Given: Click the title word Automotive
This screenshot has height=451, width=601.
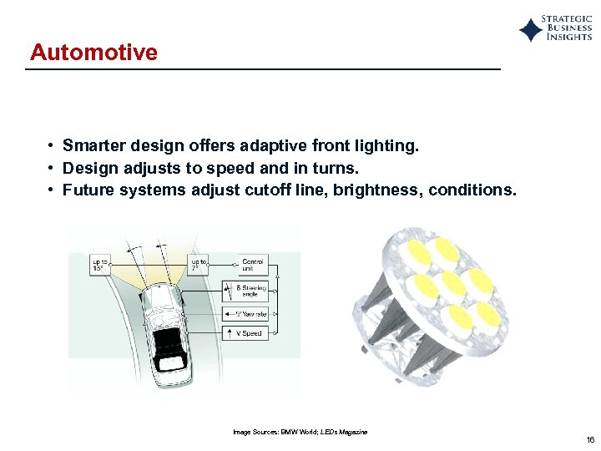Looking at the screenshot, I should (x=93, y=53).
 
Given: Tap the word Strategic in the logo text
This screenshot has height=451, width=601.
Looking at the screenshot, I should (x=567, y=18).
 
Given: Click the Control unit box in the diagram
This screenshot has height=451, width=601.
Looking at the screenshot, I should (x=252, y=266).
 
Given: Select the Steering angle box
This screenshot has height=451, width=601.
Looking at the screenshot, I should (x=251, y=291).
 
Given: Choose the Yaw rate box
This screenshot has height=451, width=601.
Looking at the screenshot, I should (x=251, y=315).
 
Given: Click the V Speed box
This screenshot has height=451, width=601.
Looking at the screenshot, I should (x=250, y=333).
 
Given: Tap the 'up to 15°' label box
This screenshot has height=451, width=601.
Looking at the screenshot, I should (x=100, y=266).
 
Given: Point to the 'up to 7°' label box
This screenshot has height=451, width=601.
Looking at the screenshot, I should (x=199, y=266).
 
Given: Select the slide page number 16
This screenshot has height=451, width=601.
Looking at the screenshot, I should (x=590, y=440).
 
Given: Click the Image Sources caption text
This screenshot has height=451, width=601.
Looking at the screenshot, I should (x=300, y=432).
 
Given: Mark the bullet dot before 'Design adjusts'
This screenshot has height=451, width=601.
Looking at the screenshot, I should (x=52, y=169).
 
